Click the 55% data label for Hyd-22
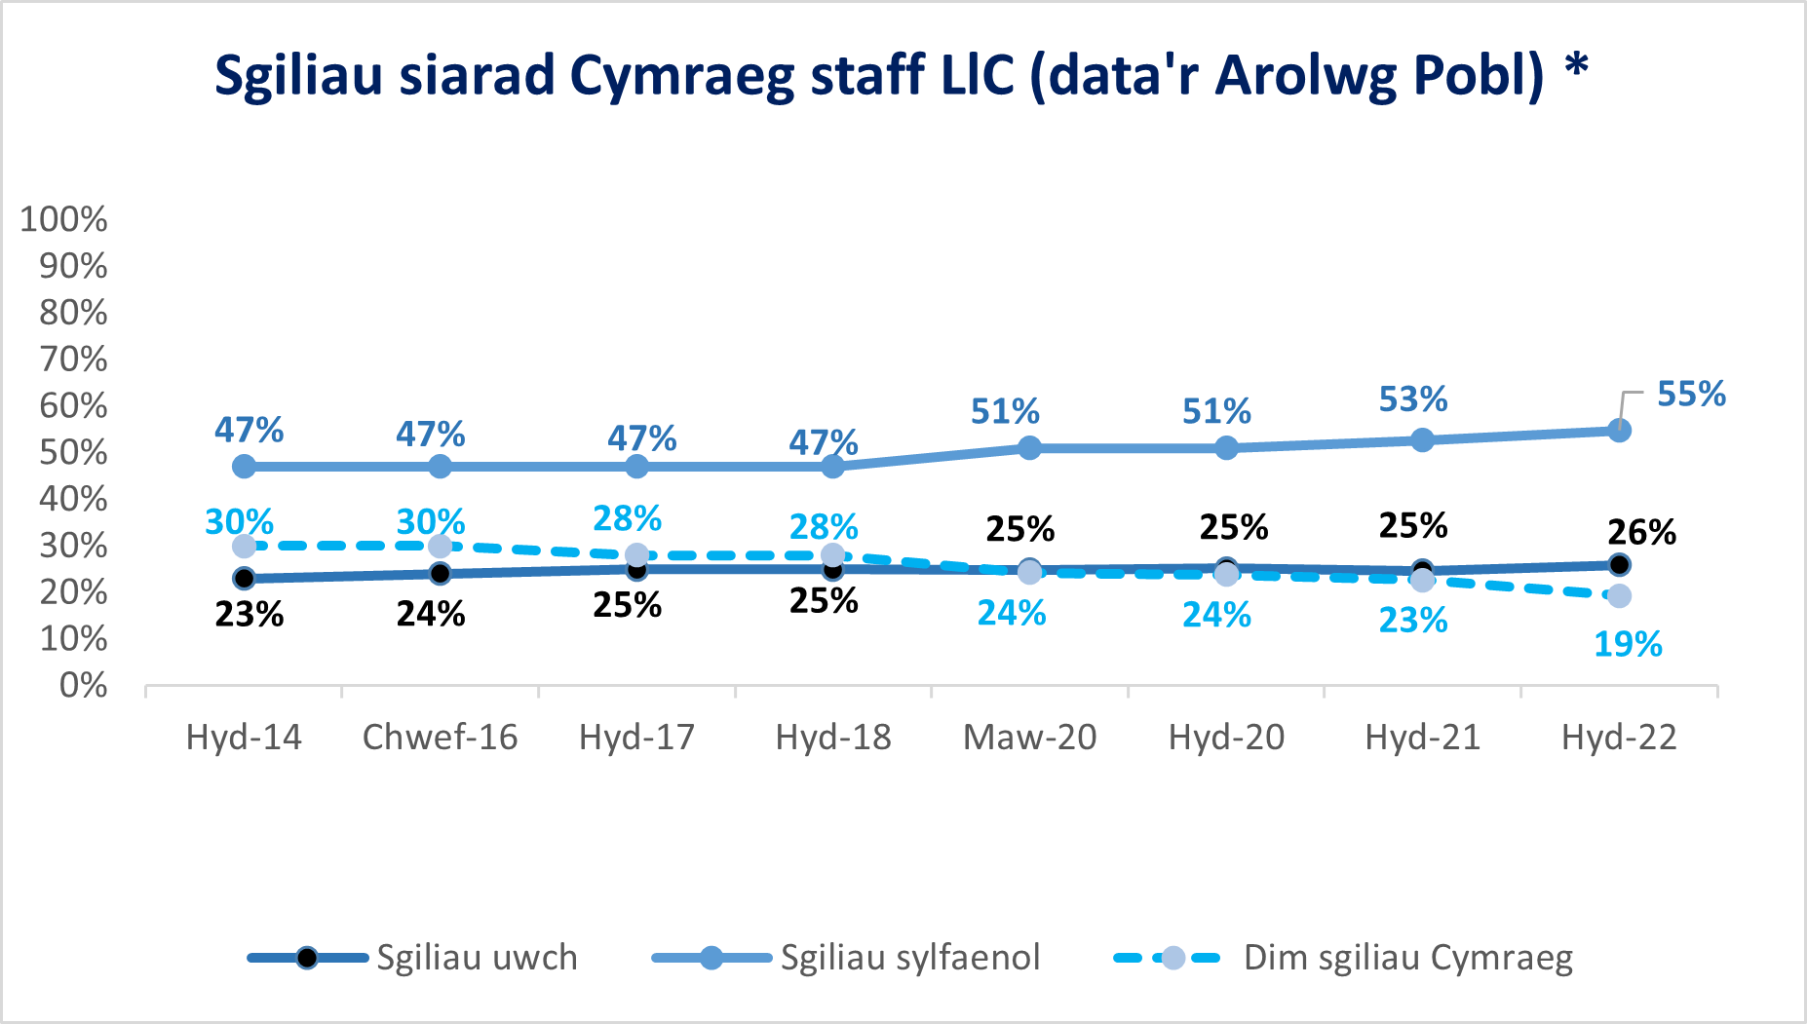coord(1691,395)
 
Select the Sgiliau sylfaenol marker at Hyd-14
coord(245,467)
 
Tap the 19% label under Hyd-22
coord(1628,644)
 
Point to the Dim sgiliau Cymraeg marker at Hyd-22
coord(1619,595)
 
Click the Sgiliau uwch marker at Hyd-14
coord(245,578)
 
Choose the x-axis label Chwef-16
coord(440,738)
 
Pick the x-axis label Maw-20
coord(1029,738)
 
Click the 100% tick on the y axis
coord(63,219)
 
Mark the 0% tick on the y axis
coord(83,686)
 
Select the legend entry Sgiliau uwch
coord(477,958)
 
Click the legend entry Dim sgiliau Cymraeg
coord(1407,958)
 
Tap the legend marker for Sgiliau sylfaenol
coord(711,958)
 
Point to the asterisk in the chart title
coord(1576,68)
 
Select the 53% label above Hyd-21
coord(1412,399)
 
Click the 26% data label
coord(1641,533)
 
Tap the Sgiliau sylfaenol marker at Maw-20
coord(1029,448)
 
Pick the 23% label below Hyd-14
coord(249,615)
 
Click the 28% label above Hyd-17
coord(627,518)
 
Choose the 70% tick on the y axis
coord(73,360)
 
